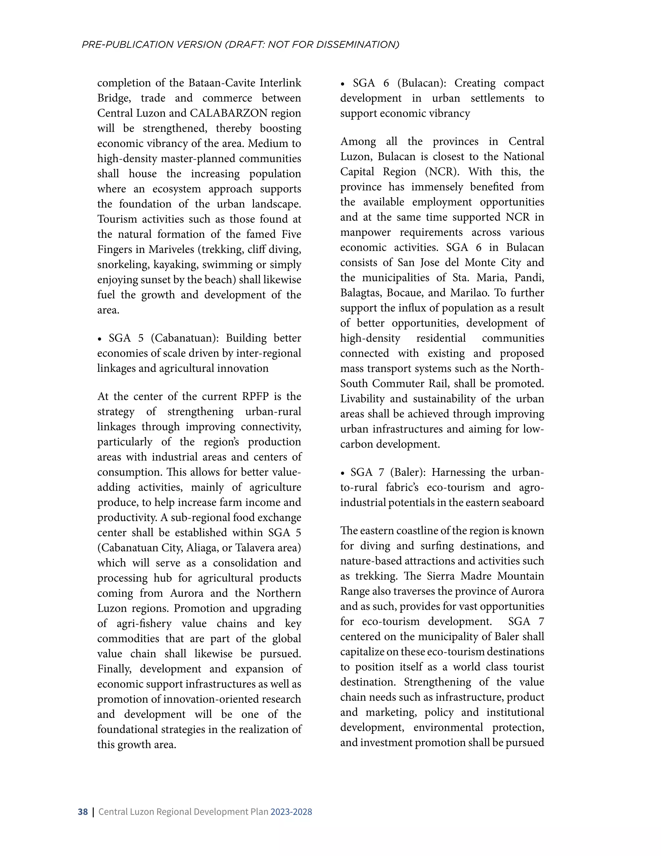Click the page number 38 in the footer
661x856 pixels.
[x=83, y=812]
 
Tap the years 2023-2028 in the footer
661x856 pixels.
[x=291, y=812]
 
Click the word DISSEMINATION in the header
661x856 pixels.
[x=358, y=45]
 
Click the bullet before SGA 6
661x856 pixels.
[x=343, y=84]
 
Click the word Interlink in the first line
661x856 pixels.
[x=280, y=83]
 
